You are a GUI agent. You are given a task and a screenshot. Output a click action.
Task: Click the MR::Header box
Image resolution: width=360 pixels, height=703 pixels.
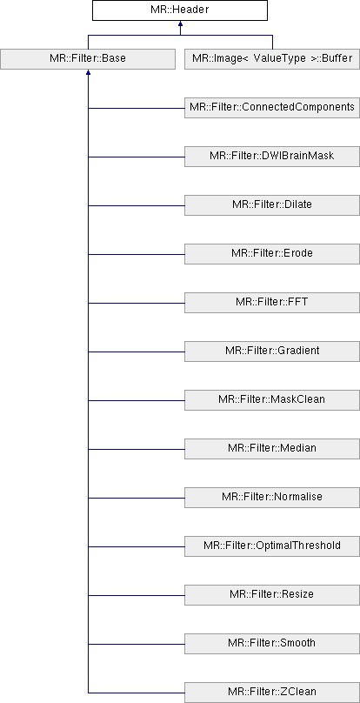[180, 10]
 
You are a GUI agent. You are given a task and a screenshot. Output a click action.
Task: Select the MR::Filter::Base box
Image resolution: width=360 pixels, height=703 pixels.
[88, 59]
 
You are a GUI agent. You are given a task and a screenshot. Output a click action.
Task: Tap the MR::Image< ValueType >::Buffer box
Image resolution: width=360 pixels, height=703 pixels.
[272, 59]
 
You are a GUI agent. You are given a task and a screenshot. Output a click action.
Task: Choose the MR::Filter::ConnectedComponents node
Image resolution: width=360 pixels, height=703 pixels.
[272, 108]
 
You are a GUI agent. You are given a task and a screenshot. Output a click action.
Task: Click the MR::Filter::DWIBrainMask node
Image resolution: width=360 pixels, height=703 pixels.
[272, 157]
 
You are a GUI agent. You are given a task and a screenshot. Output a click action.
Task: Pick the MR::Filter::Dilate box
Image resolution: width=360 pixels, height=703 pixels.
[272, 205]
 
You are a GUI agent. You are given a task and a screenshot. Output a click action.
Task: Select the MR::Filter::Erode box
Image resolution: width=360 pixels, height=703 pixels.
[272, 254]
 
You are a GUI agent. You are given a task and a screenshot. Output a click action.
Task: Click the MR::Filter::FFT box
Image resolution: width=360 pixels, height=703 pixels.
[272, 303]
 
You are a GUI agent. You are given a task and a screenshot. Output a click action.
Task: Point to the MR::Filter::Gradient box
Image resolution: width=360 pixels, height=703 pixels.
[272, 351]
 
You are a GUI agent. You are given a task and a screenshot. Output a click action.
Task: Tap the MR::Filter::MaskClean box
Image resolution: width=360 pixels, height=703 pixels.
[272, 400]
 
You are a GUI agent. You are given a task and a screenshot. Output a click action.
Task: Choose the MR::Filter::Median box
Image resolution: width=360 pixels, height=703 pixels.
[272, 449]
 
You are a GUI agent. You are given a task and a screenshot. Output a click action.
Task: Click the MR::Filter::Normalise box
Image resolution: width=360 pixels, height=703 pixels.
[272, 498]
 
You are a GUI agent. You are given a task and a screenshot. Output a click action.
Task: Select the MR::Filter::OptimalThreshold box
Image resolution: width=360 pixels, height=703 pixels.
[272, 546]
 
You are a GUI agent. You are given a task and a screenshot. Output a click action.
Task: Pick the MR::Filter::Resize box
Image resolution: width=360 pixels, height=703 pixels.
[272, 595]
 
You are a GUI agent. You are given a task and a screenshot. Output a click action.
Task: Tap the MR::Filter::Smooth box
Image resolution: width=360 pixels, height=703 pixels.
[272, 644]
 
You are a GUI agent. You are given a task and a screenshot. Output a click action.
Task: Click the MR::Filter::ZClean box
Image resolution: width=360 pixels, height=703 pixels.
[272, 693]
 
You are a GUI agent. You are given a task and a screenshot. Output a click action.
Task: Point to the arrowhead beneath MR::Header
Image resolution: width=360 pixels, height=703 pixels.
[180, 23]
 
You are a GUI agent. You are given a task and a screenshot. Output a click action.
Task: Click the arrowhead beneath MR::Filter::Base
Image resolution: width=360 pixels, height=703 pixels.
[89, 72]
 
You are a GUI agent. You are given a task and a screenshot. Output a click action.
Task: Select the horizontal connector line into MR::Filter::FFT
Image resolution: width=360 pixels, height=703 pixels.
[137, 303]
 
